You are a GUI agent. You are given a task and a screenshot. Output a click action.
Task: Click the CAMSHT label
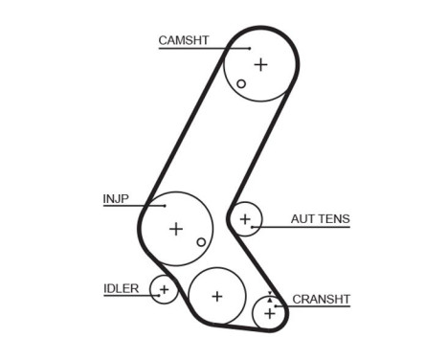183,40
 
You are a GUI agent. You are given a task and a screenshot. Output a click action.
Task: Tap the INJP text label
115,199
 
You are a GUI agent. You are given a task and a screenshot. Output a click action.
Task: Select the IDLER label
121,288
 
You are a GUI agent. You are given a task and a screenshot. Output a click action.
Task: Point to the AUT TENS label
320,219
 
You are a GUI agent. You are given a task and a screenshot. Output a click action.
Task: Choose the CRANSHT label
321,300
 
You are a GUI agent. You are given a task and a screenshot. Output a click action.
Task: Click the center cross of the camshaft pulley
260,64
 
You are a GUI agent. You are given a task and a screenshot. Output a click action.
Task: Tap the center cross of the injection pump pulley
175,229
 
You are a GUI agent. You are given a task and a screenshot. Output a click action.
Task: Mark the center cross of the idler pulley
164,288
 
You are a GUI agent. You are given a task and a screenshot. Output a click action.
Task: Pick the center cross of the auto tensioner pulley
246,220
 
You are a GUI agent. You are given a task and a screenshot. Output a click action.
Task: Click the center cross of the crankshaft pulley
270,312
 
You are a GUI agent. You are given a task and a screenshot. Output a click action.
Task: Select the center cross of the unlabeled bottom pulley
216,296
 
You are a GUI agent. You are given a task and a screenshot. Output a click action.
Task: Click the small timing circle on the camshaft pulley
241,83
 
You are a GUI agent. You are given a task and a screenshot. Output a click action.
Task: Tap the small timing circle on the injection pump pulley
200,242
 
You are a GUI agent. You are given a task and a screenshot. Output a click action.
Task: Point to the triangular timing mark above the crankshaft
270,294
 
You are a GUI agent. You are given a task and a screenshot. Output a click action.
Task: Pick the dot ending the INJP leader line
167,207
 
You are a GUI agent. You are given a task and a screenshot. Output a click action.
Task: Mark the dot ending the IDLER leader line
156,296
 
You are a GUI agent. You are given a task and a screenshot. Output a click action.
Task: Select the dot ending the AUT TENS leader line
253,227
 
